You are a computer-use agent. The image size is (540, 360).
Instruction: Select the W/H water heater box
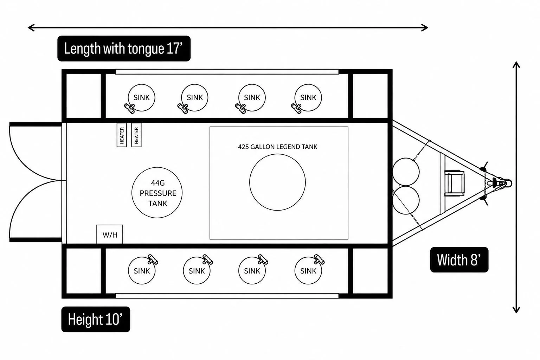pyautogui.click(x=110, y=234)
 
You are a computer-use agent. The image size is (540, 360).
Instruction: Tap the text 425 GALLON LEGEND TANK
pyautogui.click(x=277, y=147)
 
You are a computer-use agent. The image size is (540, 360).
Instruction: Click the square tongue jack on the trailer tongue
pyautogui.click(x=455, y=183)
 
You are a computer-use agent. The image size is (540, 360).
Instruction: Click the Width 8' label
pyautogui.click(x=459, y=260)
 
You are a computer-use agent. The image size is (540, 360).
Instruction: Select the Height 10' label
pyautogui.click(x=96, y=319)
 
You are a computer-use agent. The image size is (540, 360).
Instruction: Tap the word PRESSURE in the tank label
pyautogui.click(x=158, y=193)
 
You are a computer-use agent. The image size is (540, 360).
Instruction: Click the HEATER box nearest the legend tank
pyautogui.click(x=136, y=135)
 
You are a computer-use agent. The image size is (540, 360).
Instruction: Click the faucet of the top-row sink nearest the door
pyautogui.click(x=129, y=109)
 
